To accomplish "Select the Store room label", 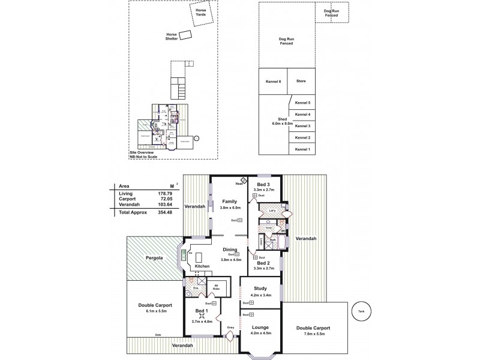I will click(301, 80).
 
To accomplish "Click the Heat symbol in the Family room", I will click(244, 181).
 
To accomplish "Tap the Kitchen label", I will click(202, 266).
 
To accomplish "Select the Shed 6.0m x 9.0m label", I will click(282, 122).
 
